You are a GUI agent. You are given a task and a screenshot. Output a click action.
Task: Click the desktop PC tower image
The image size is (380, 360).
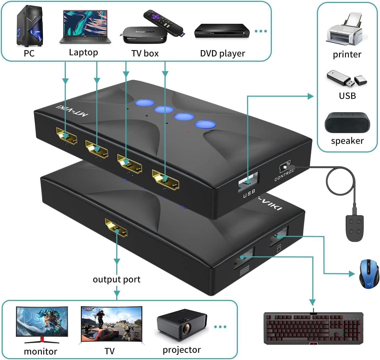pyautogui.click(x=30, y=26)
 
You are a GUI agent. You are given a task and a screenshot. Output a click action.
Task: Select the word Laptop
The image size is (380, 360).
pyautogui.click(x=83, y=52)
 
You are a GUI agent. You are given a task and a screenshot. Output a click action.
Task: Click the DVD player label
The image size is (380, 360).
pyautogui.click(x=222, y=53)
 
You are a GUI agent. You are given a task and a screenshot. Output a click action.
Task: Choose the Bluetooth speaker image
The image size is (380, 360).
pyautogui.click(x=347, y=123)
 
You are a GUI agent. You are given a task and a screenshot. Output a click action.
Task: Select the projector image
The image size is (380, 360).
pyautogui.click(x=182, y=325)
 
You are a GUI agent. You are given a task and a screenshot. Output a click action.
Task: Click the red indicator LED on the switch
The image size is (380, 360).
pyautogui.click(x=188, y=131)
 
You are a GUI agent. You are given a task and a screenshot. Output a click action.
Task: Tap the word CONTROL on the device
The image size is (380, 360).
pyautogui.click(x=284, y=175)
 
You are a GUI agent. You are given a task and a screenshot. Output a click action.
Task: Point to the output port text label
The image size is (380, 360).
pyautogui.click(x=117, y=279)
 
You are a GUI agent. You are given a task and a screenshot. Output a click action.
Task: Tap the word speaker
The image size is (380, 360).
pyautogui.click(x=347, y=141)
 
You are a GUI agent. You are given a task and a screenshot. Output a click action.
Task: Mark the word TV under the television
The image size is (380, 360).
pyautogui.click(x=109, y=351)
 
